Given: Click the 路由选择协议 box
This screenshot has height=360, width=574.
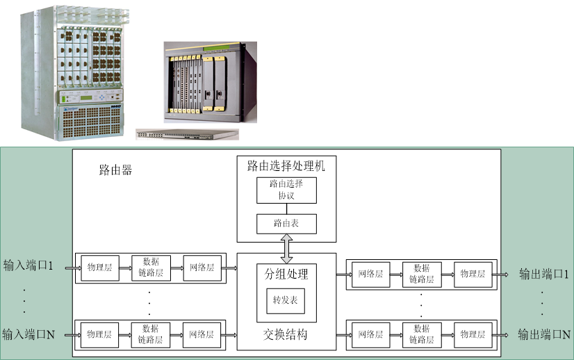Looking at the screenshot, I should pos(286,190).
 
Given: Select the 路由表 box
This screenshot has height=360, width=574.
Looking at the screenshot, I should pos(286,224).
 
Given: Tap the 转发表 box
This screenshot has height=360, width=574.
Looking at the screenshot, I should pos(286,301).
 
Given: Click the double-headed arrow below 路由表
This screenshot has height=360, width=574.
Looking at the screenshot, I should pos(286,247).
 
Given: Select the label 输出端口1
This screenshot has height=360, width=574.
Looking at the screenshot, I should pos(543,274).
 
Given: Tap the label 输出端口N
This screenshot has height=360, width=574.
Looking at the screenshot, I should pos(544,334).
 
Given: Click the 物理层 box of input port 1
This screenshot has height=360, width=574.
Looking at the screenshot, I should pos(100,268).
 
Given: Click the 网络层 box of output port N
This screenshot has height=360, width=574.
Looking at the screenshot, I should pos(370,334).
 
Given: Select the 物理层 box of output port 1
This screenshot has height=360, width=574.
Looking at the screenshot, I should pos(473,274).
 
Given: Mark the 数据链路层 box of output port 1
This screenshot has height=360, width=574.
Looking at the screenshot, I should pos(421,274).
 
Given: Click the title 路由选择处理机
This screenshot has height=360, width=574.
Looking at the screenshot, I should pos(286,166).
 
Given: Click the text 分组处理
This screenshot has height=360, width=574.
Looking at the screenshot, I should pos(286,274).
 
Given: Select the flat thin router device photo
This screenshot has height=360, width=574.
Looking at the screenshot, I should pos(186,134).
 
